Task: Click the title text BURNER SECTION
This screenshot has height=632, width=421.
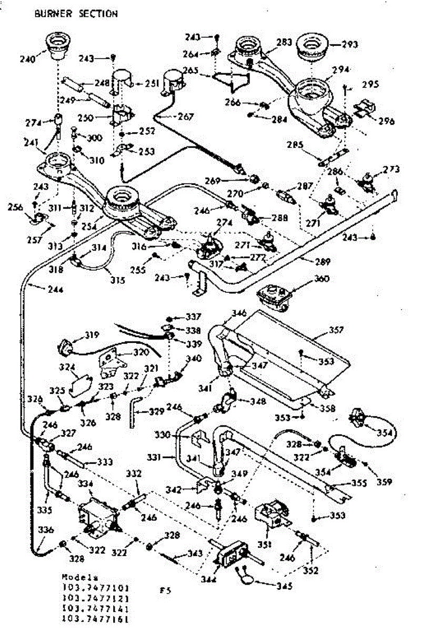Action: tap(76, 14)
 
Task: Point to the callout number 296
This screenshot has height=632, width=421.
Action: tap(386, 121)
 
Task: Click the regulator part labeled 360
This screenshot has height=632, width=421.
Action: tap(273, 297)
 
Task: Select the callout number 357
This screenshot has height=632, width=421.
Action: tap(335, 330)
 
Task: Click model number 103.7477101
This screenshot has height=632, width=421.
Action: tap(95, 587)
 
